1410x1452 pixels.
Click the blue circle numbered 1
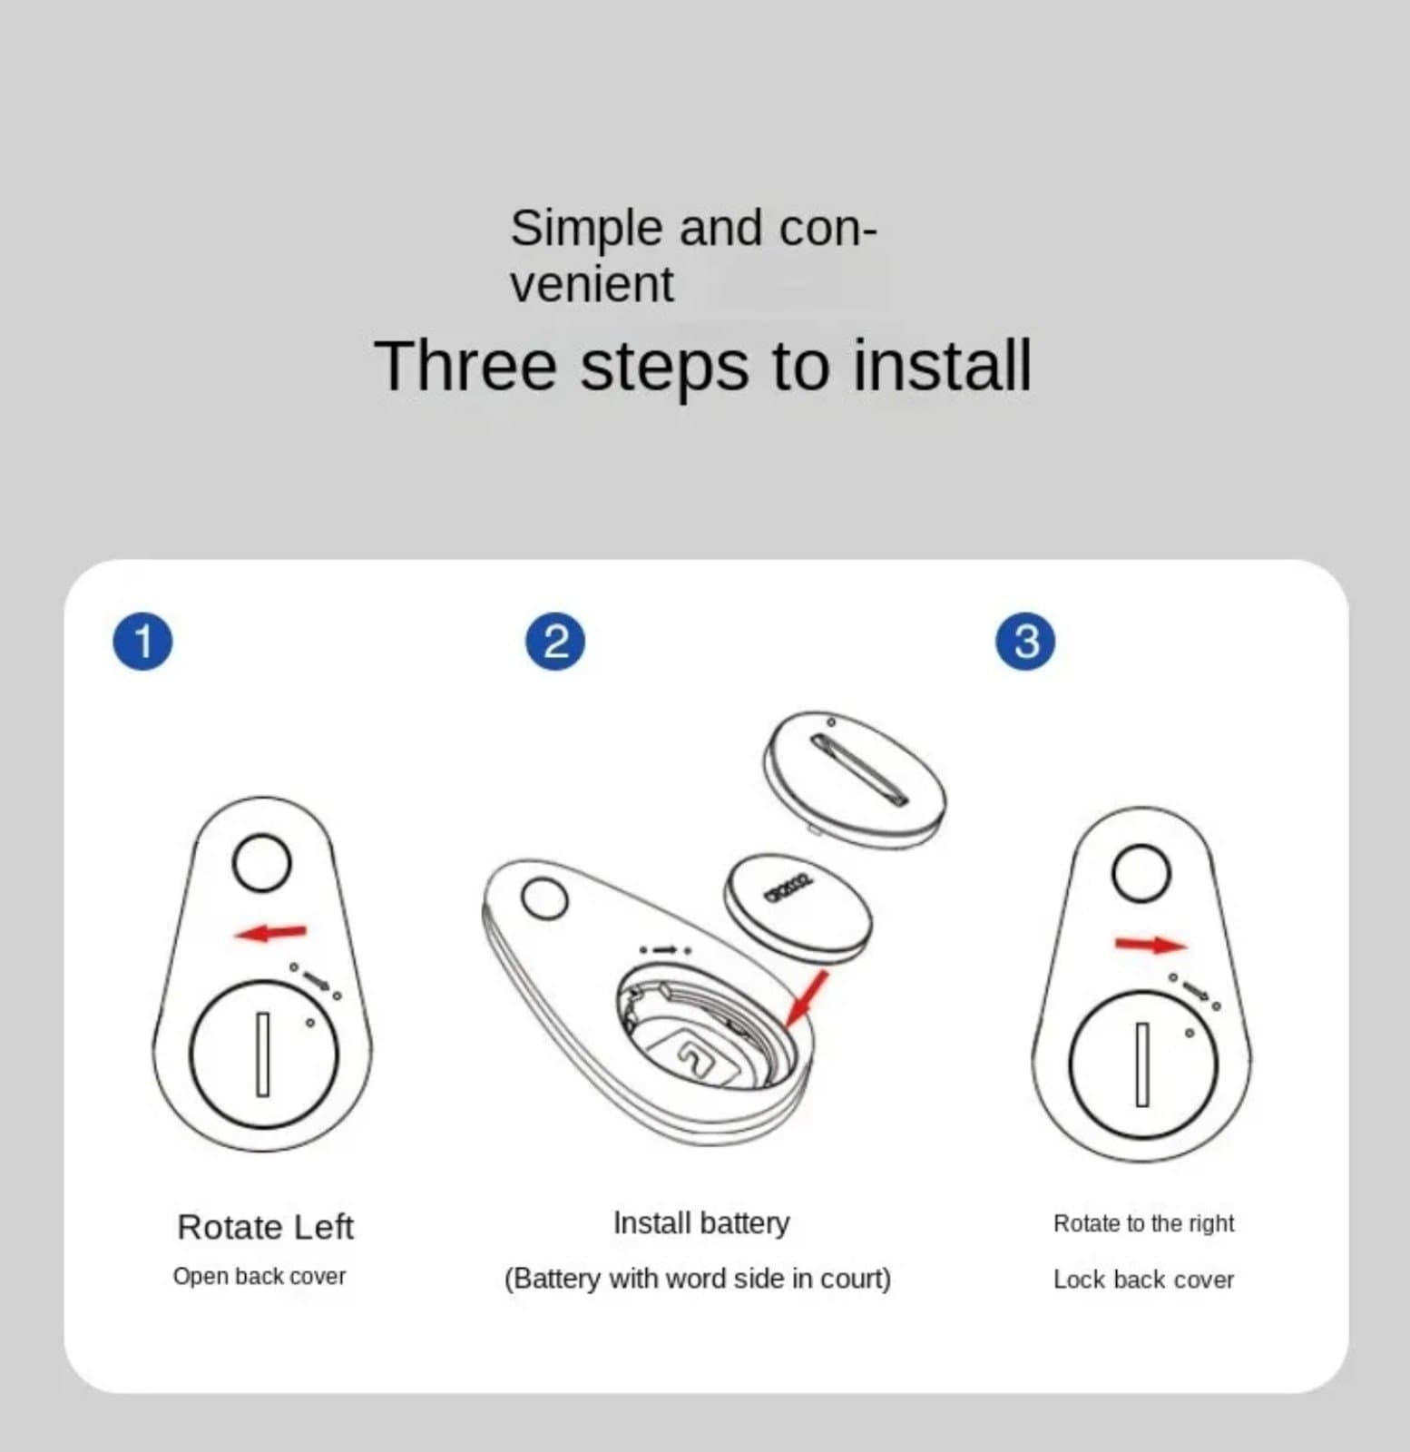pos(142,642)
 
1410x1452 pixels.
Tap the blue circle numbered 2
pos(555,642)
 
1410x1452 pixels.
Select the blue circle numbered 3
pos(1025,642)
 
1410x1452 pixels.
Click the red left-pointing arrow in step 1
pos(270,932)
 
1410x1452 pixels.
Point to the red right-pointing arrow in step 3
pos(1151,945)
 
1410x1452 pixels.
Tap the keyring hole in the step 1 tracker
pos(261,862)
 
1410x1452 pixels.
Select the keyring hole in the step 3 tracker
pos(1141,872)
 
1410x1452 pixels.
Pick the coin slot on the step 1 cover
pos(263,1055)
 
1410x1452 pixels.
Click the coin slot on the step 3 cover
pos(1142,1064)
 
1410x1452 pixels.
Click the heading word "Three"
pos(465,366)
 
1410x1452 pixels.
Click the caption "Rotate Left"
pos(265,1227)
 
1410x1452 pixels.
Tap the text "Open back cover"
pos(259,1276)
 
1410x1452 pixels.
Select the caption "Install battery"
pos(701,1222)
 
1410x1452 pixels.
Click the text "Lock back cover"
pos(1143,1280)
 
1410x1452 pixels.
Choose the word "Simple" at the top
pos(586,229)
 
